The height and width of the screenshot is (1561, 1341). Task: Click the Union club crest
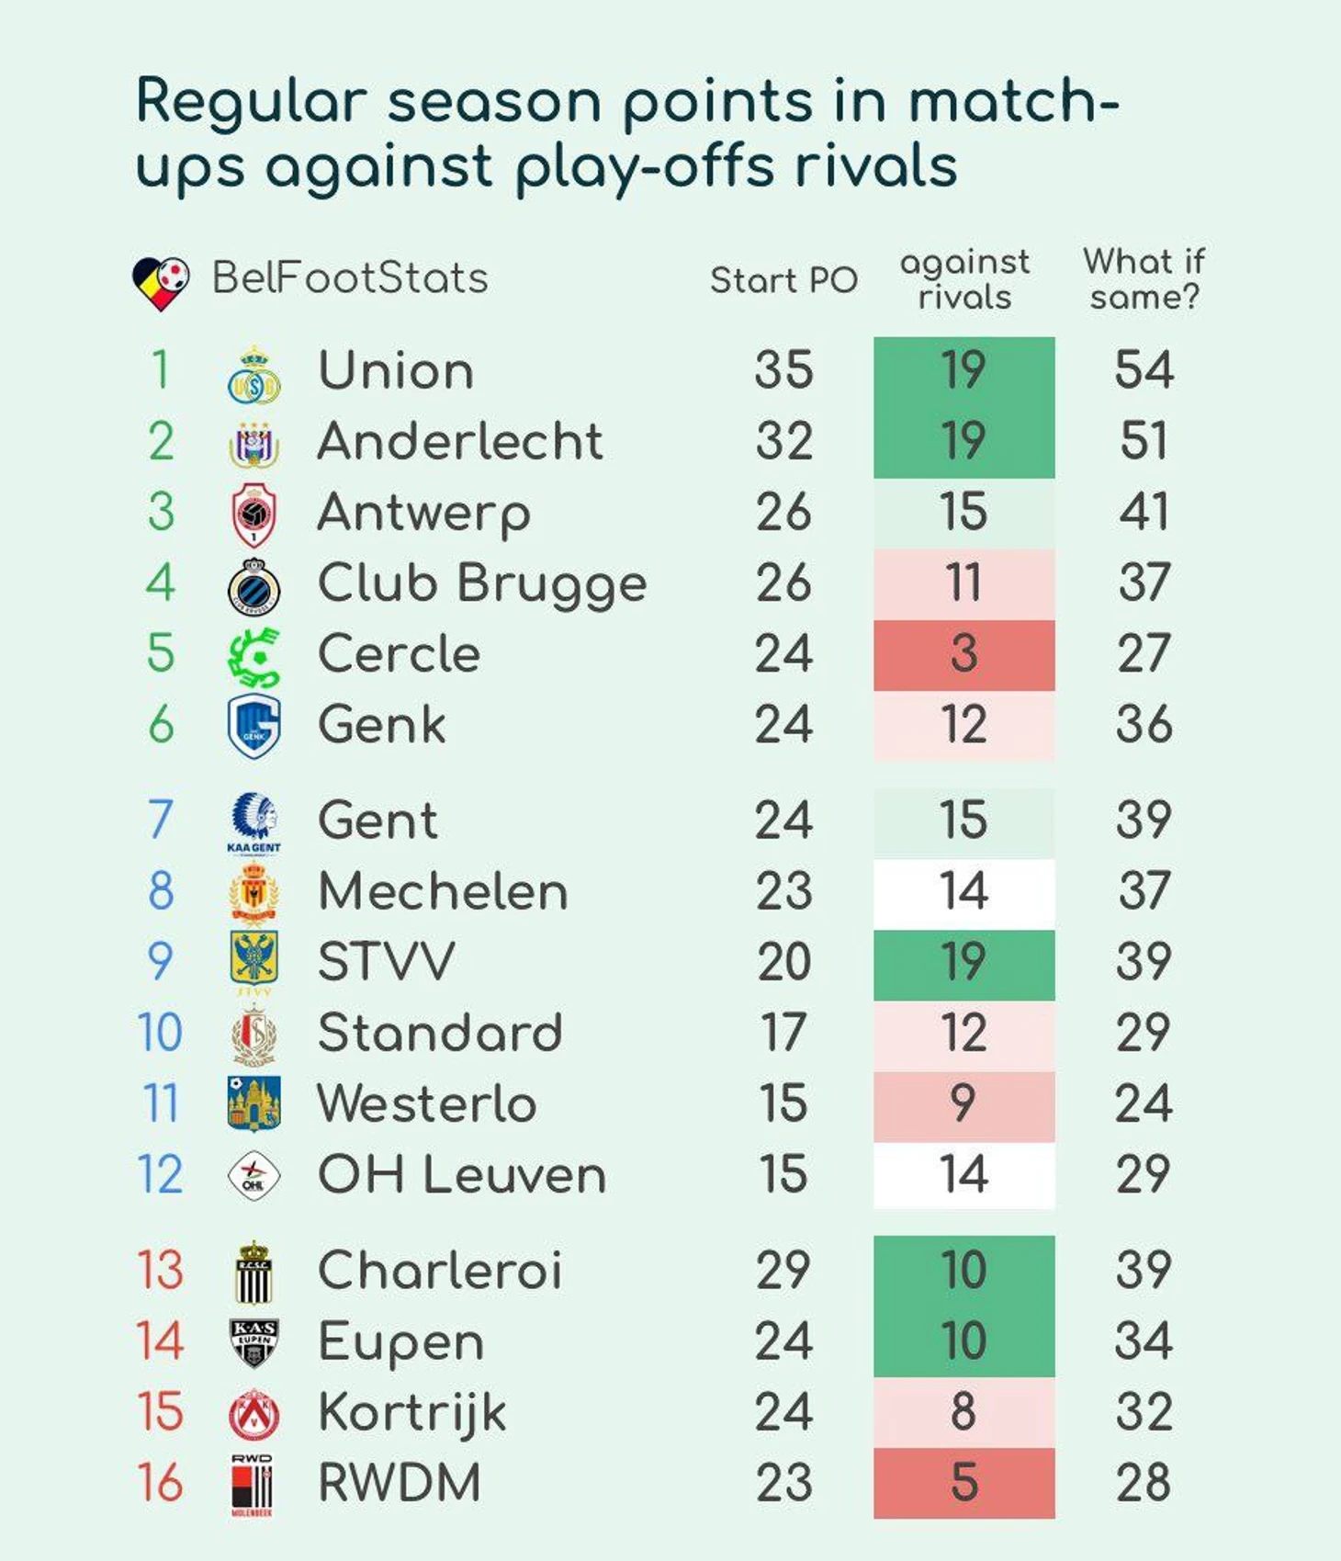pyautogui.click(x=254, y=376)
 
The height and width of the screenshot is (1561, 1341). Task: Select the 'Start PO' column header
pyautogui.click(x=783, y=280)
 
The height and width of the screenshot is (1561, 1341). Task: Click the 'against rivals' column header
pyautogui.click(x=964, y=279)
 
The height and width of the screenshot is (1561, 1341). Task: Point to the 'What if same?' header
pyautogui.click(x=1144, y=279)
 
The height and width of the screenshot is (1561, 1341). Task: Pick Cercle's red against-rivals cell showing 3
pyautogui.click(x=963, y=654)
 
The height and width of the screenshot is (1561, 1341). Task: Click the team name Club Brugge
pyautogui.click(x=482, y=584)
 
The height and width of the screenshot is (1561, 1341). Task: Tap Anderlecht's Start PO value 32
pyautogui.click(x=783, y=441)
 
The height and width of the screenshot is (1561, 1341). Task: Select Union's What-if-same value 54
pyautogui.click(x=1144, y=370)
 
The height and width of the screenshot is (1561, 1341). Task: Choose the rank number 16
pyautogui.click(x=160, y=1483)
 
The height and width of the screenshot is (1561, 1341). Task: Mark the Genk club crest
pyautogui.click(x=254, y=726)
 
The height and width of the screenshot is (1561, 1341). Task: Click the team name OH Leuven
pyautogui.click(x=462, y=1175)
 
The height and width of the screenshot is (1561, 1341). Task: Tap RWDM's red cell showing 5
pyautogui.click(x=963, y=1483)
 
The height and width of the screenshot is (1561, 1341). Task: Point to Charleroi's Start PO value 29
pyautogui.click(x=783, y=1271)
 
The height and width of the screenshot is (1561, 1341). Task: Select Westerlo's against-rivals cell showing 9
pyautogui.click(x=963, y=1104)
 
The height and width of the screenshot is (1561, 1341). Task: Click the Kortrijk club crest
pyautogui.click(x=254, y=1414)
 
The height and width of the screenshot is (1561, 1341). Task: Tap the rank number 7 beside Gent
pyautogui.click(x=160, y=820)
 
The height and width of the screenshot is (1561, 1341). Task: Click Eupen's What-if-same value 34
pyautogui.click(x=1144, y=1341)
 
